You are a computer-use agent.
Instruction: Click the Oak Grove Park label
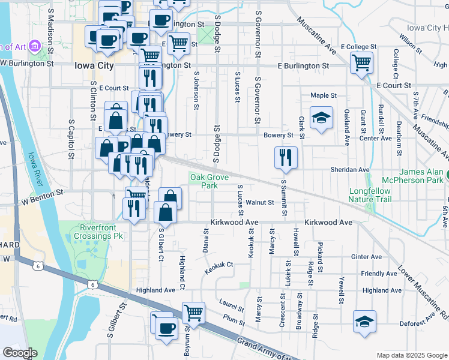coord(205,181)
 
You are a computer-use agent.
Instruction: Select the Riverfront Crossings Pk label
coord(100,232)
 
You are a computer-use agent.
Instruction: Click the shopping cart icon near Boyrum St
coord(193,312)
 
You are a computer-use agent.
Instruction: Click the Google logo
coord(20,352)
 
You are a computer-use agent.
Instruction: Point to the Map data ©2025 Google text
coord(412,355)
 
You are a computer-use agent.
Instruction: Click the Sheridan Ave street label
coord(350,170)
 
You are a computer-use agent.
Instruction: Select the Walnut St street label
coord(260,203)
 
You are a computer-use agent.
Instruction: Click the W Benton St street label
coord(43,194)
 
